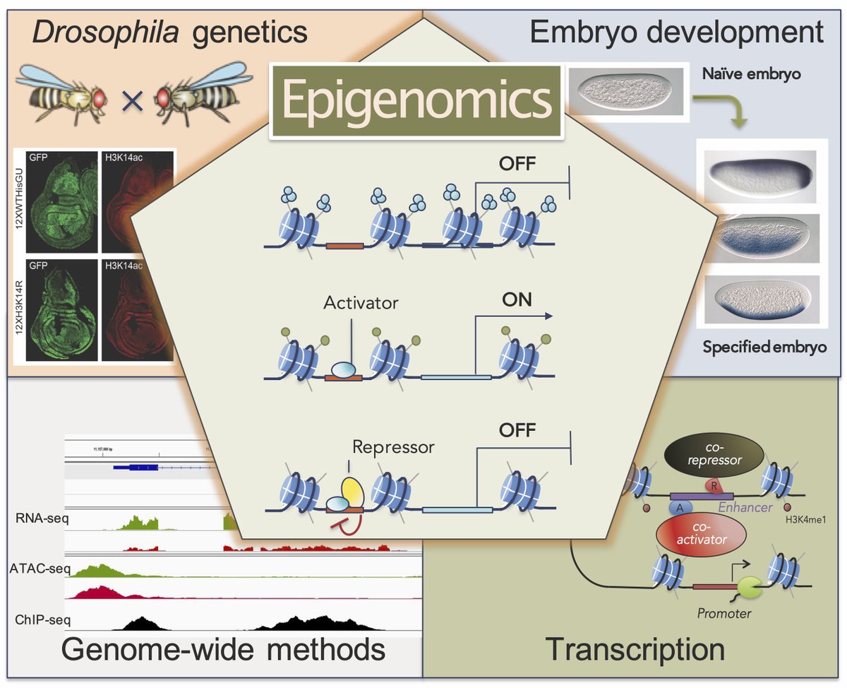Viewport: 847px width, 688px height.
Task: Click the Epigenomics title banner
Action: pyautogui.click(x=417, y=100)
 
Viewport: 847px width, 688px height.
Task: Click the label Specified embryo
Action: pyautogui.click(x=764, y=347)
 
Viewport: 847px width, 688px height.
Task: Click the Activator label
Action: pyautogui.click(x=361, y=304)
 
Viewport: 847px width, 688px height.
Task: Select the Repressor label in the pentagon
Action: pyautogui.click(x=394, y=447)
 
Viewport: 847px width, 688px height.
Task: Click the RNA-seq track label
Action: pyautogui.click(x=42, y=520)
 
